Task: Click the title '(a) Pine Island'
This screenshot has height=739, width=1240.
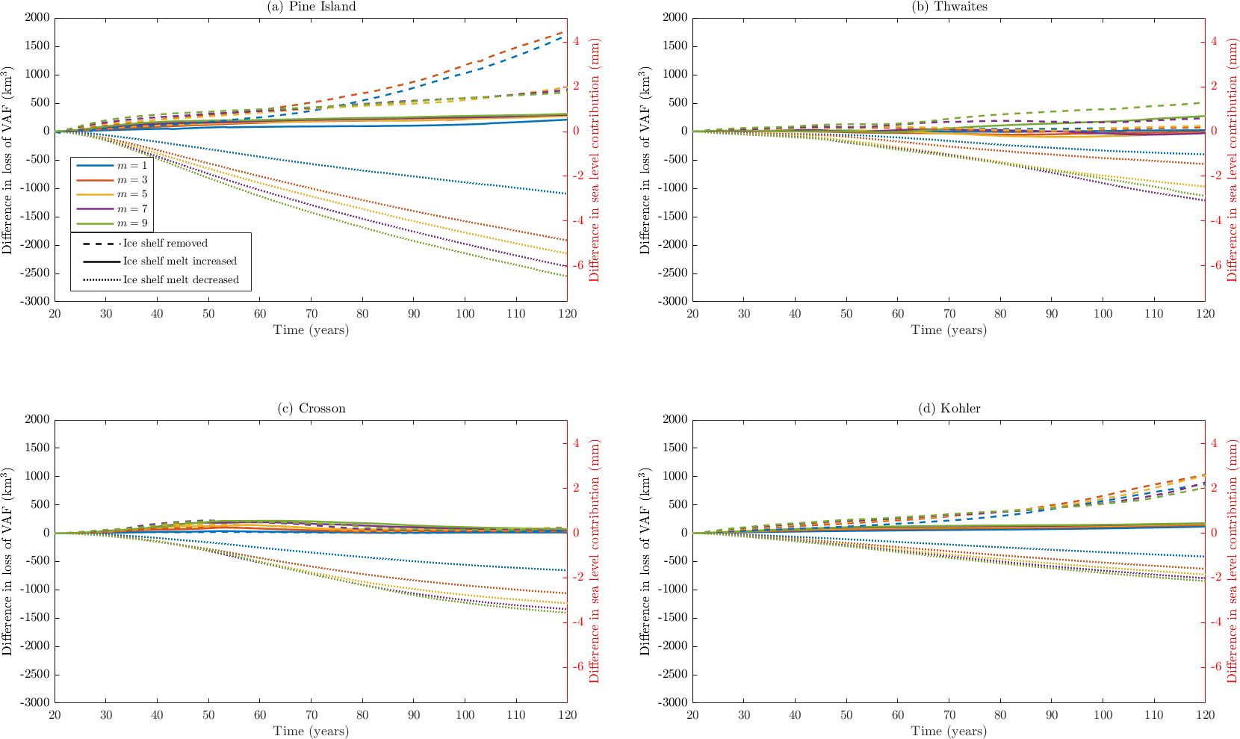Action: coord(311,7)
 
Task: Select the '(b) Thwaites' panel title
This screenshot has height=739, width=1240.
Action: coord(949,7)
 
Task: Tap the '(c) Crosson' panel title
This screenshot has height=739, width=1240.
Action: coord(311,409)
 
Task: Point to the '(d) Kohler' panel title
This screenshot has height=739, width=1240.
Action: coord(949,409)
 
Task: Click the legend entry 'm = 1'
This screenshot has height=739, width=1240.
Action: coord(132,165)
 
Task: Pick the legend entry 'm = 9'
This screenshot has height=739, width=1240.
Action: coord(132,223)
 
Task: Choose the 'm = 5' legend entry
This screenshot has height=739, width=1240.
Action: coord(132,194)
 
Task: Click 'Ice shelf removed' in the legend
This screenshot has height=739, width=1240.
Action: coord(165,244)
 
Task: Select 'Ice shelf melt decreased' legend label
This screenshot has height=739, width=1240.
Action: coord(181,280)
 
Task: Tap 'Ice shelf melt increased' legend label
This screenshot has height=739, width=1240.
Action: coord(179,262)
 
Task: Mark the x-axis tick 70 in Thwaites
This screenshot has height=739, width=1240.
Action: coord(949,314)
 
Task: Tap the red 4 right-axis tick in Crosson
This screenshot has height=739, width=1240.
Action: coord(575,443)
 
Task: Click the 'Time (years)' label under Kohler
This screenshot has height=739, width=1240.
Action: coord(949,732)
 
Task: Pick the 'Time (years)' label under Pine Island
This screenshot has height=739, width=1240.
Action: coord(311,330)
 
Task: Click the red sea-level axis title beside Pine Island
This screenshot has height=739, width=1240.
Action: coord(595,160)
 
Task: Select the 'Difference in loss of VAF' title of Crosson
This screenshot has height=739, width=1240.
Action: coord(7,562)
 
